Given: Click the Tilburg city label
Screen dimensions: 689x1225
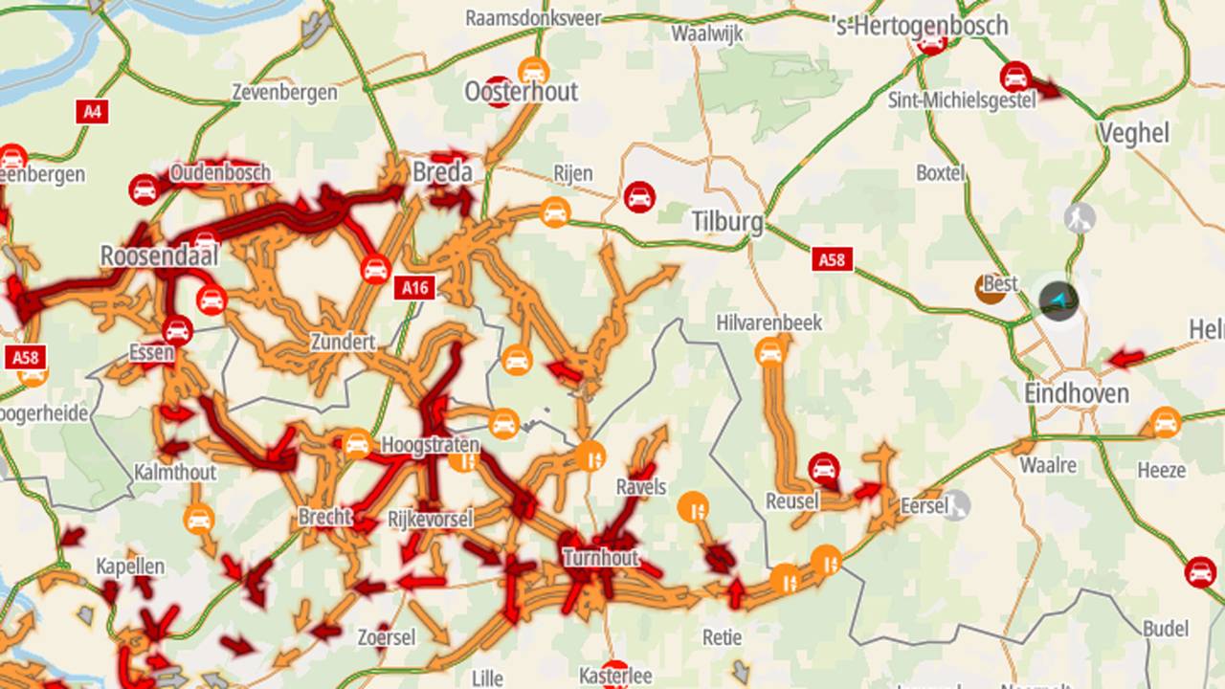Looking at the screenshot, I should [x=727, y=223].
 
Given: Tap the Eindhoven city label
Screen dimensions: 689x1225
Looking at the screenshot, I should [x=1077, y=393].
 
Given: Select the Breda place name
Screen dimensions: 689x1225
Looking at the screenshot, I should [x=442, y=172].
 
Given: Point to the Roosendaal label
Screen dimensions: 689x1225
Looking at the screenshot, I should [x=159, y=256].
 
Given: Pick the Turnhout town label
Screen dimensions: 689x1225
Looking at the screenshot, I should [x=600, y=557].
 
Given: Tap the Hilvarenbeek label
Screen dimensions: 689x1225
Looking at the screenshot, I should [x=768, y=323].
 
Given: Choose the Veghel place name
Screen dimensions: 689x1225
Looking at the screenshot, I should [x=1134, y=133].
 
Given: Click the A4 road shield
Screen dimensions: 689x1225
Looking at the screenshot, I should [x=91, y=111].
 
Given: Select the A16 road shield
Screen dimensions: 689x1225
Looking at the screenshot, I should [x=416, y=287].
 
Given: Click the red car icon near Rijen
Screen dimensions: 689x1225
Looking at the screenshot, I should [x=639, y=197].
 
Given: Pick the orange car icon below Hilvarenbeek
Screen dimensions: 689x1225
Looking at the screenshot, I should [x=769, y=353].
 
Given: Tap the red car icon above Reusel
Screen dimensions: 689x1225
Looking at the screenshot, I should [x=823, y=468].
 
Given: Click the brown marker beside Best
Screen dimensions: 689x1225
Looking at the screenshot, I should [x=990, y=288].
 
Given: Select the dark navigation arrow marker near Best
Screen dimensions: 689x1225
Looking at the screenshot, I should [x=1058, y=300].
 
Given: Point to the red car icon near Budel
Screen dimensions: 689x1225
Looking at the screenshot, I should [x=1200, y=572].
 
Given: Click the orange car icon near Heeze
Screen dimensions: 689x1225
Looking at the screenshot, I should [x=1165, y=422].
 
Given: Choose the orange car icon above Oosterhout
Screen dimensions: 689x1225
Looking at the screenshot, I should [x=533, y=71].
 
